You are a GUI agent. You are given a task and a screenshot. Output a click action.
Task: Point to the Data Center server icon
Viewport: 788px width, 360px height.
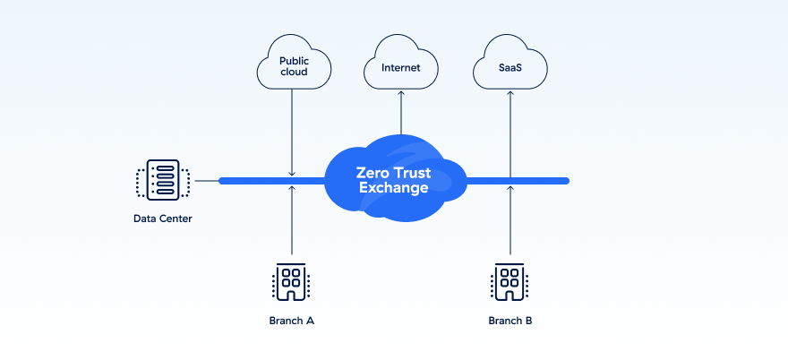coord(163,181)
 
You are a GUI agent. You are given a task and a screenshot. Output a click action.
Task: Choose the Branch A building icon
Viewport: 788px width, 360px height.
coord(292,282)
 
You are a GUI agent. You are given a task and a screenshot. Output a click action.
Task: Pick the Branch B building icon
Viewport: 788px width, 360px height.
coord(510,282)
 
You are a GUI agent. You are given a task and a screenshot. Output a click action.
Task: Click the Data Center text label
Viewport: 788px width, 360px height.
coord(163,219)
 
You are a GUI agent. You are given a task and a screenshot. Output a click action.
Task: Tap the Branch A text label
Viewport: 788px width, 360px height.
coord(292,320)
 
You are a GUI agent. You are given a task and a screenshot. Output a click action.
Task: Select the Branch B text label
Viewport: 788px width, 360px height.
coord(510,320)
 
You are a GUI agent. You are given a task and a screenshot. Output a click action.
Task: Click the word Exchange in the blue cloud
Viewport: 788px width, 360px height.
coord(394,188)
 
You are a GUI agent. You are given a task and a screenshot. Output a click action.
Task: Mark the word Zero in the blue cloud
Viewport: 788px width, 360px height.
coord(373,172)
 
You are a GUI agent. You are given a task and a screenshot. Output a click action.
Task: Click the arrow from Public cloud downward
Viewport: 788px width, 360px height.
coord(293,134)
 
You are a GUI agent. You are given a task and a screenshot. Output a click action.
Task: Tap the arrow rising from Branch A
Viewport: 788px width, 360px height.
coord(293,224)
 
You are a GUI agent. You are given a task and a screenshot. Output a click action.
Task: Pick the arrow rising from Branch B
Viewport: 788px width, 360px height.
coord(510,224)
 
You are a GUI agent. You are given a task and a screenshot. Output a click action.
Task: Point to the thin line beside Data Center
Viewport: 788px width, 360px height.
coord(208,181)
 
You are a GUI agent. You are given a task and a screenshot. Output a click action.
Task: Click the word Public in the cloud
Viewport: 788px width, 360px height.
coord(294,61)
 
